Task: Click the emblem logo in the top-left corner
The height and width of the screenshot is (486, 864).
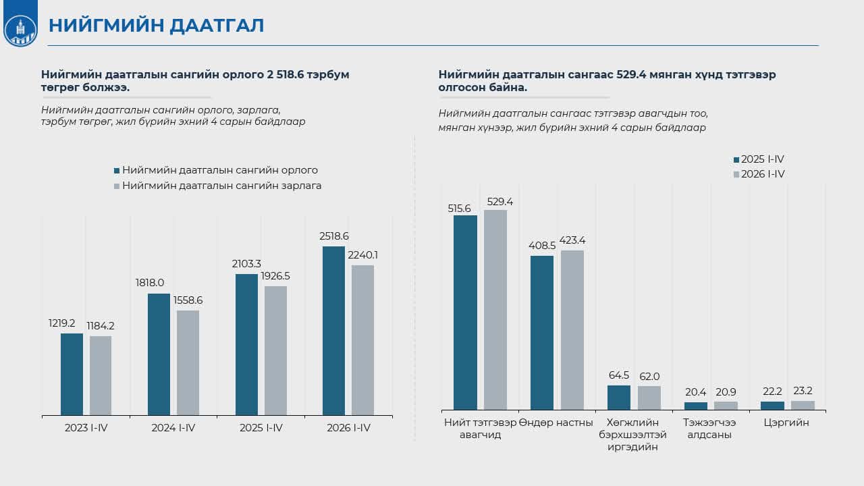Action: (x=20, y=30)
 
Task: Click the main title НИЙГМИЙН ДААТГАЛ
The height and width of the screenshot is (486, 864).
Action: (x=156, y=26)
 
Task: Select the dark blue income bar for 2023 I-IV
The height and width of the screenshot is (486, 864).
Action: (x=72, y=374)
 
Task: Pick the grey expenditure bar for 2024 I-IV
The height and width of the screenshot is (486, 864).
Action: (x=188, y=362)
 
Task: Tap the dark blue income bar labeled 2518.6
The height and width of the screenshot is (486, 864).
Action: (x=333, y=331)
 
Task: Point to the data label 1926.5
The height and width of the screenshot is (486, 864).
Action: (x=275, y=276)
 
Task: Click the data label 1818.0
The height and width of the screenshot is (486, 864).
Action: (x=150, y=283)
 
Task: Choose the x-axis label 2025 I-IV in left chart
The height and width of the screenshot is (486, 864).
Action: (x=261, y=428)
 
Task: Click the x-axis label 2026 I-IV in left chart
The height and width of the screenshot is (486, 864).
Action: (x=349, y=428)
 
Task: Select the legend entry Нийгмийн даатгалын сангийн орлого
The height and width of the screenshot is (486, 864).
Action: (x=216, y=170)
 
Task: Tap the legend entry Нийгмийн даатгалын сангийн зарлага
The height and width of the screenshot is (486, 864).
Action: (x=218, y=186)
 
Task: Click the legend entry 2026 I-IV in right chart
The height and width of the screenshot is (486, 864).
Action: (x=759, y=174)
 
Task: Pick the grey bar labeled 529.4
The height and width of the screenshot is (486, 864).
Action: (x=495, y=310)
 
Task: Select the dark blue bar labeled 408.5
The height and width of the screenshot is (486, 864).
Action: (x=542, y=333)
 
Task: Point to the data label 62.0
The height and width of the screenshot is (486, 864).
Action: (x=649, y=377)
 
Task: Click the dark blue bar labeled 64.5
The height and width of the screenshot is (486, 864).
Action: (x=619, y=398)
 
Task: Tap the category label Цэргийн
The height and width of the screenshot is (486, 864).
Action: (x=786, y=423)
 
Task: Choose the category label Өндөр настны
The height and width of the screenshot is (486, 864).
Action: (x=556, y=423)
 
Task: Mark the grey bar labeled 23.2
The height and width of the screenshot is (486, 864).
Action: (x=803, y=405)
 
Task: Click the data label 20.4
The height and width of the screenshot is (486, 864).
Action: (x=695, y=392)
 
